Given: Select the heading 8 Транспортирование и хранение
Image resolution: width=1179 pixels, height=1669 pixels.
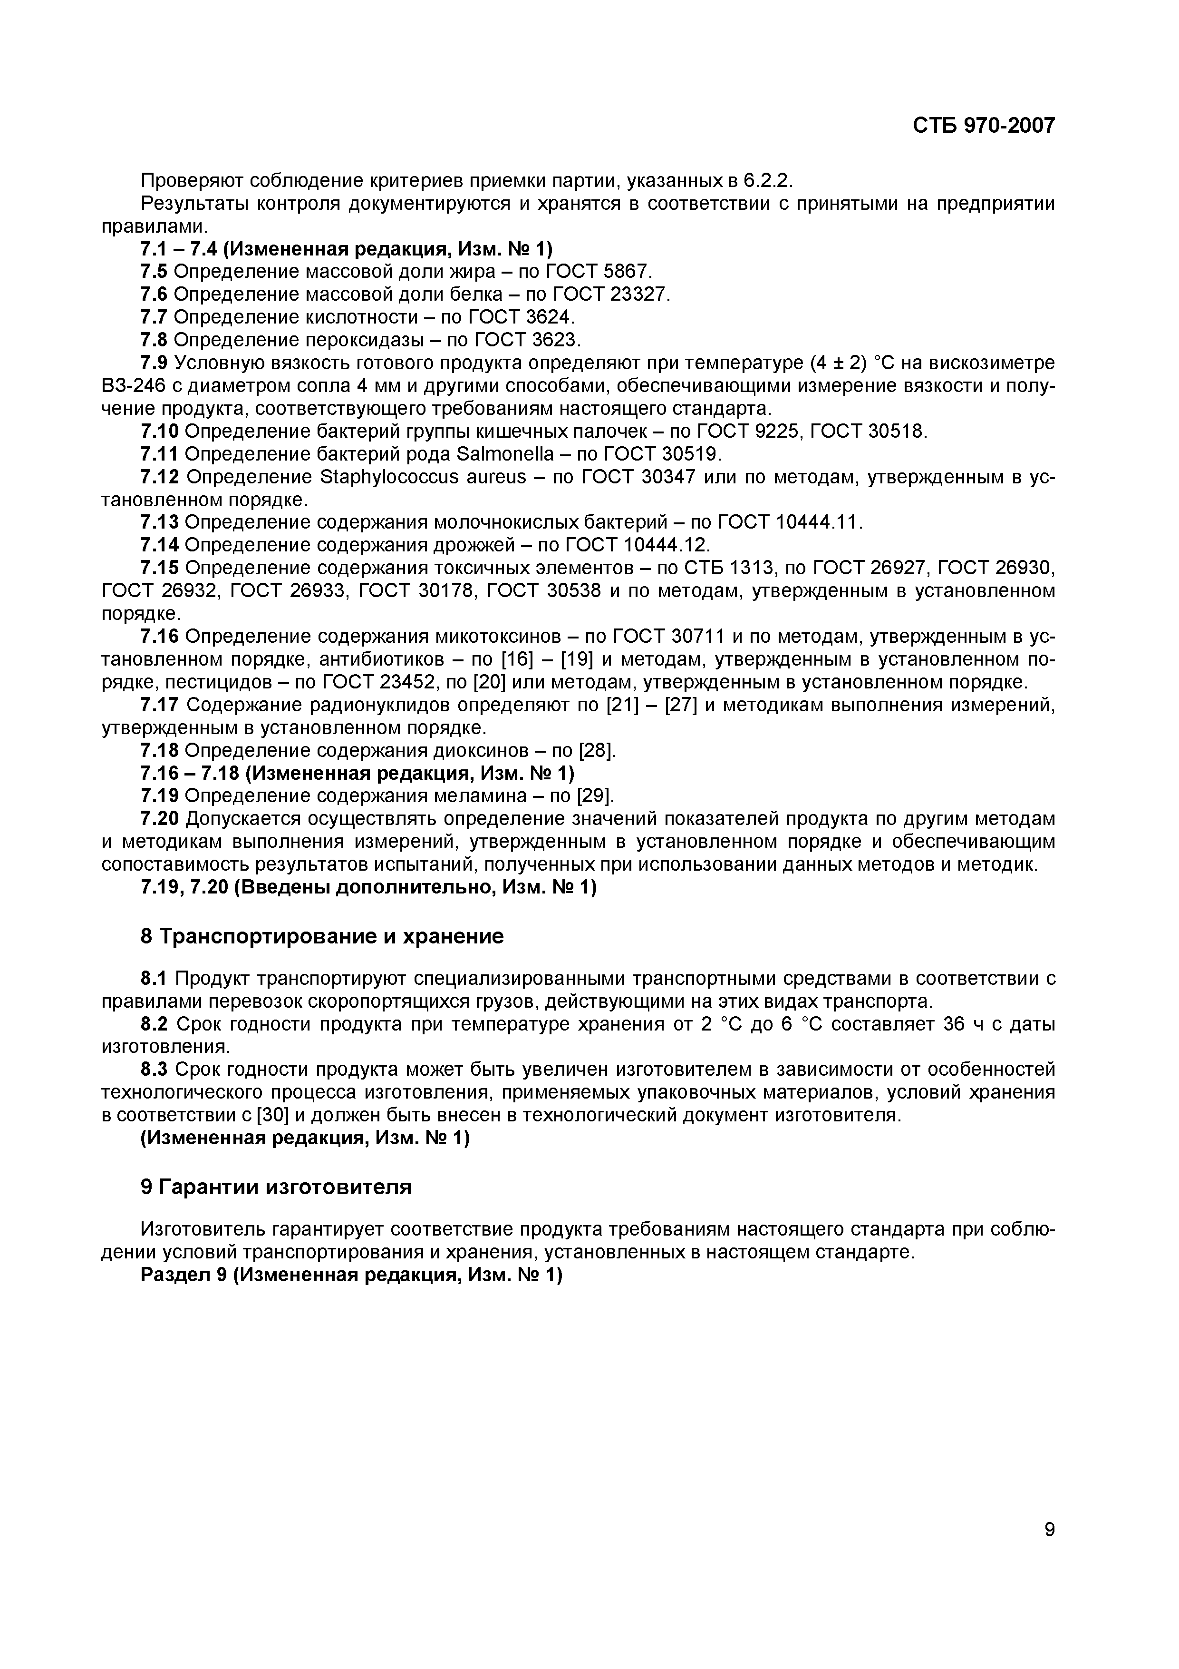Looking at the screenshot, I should pos(322,936).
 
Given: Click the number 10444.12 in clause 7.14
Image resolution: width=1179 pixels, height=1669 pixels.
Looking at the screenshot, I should pos(666,545).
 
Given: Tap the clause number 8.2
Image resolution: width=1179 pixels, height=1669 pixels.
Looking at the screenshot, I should pos(154,1024).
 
